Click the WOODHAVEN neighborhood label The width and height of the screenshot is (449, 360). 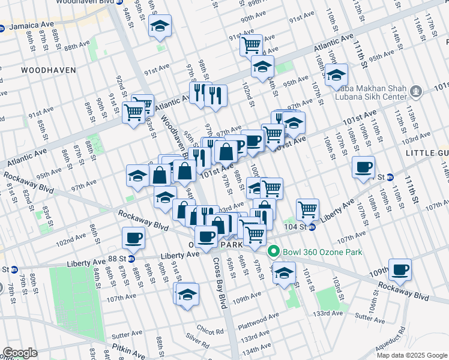point(49,70)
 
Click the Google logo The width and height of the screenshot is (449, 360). point(19,353)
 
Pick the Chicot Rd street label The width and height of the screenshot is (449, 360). point(209,332)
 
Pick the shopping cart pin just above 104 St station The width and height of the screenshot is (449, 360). point(307,209)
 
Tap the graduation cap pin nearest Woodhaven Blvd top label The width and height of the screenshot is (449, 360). point(160,26)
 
